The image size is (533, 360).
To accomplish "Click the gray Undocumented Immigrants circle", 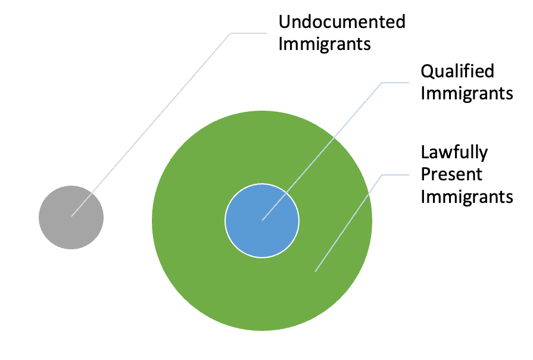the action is coord(71,217).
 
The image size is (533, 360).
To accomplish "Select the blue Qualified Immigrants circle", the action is coord(262,221).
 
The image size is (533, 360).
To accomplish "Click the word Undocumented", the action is coord(342,22).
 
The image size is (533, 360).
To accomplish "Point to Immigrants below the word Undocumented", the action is coord(325,44).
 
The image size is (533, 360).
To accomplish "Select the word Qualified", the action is coord(457,71).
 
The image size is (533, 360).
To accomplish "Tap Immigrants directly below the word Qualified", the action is coord(467,93).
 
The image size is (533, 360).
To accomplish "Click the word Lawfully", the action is coord(454,152).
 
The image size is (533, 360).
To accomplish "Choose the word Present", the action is coord(451,174).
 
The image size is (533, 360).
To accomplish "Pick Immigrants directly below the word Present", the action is coord(467,196).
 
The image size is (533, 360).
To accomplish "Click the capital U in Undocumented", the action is coord(285,22).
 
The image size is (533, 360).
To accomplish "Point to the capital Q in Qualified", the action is coord(428,72).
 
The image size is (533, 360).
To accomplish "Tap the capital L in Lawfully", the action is coord(425,152).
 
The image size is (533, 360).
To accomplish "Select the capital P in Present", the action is coord(426,174).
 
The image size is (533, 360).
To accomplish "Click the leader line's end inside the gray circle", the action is coord(71,217).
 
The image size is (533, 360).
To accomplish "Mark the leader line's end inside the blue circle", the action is coord(262,221).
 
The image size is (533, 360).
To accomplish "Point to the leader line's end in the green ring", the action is coord(315,272).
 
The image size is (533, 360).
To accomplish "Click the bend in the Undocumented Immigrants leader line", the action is coord(231,33).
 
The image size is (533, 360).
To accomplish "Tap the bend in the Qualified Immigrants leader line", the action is coord(382,83).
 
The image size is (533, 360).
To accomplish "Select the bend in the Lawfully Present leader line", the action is coord(382,175).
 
